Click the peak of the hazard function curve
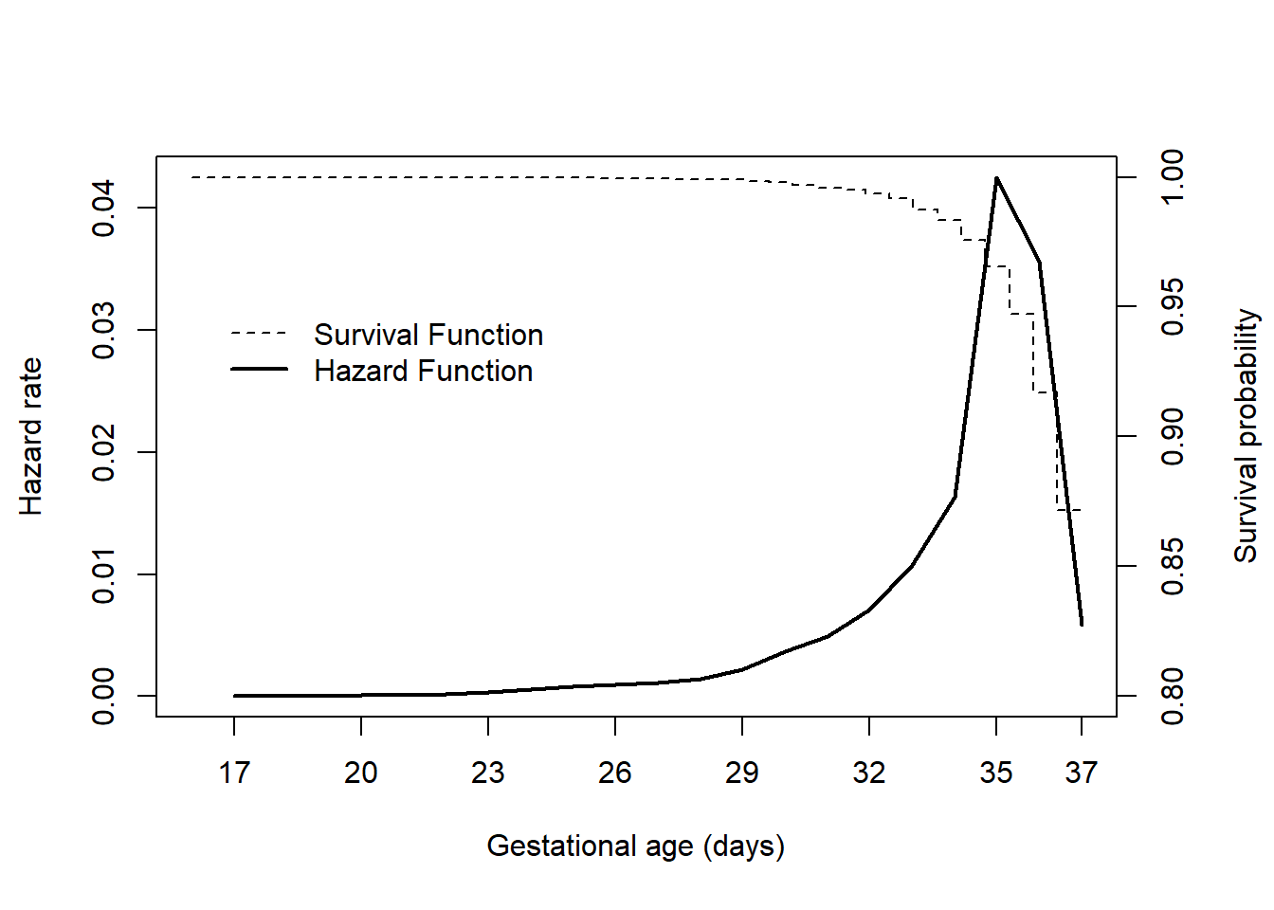996,178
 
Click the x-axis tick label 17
234,773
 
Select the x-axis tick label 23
488,773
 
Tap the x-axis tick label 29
742,773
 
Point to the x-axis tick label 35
996,773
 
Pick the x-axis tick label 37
1081,773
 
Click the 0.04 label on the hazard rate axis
103,208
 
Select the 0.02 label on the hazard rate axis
103,452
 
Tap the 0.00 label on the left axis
103,696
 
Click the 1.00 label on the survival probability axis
1173,177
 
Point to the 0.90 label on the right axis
1173,437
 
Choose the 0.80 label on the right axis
1173,696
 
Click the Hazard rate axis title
31,436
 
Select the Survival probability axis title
1245,436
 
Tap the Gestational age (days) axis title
636,846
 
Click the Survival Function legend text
428,335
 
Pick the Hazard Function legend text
423,371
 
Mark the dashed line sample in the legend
259,334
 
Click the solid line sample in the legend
259,369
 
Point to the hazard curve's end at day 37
1082,624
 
